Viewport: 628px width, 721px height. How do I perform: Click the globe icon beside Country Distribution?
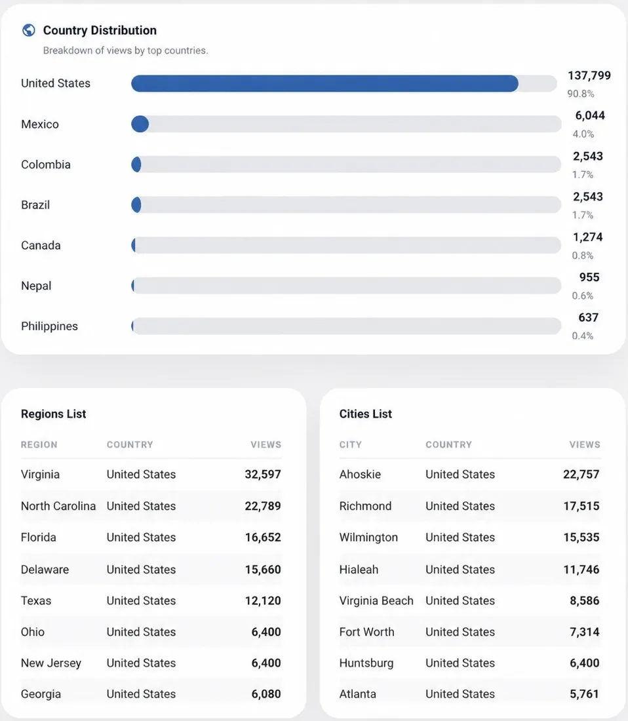coord(28,30)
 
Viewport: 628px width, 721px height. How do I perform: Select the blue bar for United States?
coord(324,84)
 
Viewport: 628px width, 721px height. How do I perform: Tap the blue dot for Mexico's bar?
coord(140,124)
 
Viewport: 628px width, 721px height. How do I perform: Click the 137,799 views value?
coord(589,75)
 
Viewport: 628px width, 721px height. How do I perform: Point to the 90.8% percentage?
coord(581,94)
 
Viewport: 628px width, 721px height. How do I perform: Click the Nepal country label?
coord(36,286)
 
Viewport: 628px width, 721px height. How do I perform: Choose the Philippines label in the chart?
coord(50,326)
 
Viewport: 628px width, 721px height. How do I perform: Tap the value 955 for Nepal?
coord(589,277)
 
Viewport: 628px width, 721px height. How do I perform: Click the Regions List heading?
coord(53,414)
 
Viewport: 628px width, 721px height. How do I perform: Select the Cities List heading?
coord(366,414)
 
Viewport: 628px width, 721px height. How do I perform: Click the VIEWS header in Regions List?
coord(265,444)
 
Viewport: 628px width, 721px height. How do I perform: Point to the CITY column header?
coord(350,444)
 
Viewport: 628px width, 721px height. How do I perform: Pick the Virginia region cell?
coord(41,474)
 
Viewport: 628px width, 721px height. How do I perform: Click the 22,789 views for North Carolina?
coord(262,506)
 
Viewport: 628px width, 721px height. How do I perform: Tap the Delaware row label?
coord(45,569)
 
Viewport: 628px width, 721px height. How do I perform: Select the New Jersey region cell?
coord(51,663)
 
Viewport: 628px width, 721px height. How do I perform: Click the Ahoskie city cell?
coord(360,474)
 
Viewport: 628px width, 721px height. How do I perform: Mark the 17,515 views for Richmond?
coord(581,506)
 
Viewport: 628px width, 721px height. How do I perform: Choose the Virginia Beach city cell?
coord(376,600)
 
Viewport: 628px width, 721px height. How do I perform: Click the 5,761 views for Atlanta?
coord(584,694)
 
